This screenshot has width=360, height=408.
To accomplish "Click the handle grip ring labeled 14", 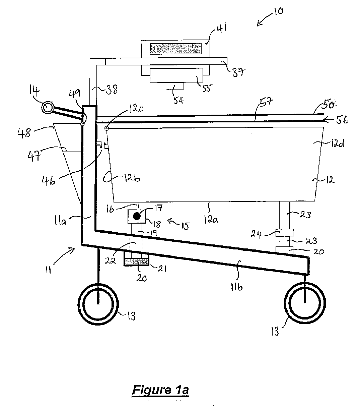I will click(48, 108).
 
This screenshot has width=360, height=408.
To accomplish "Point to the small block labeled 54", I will click(175, 86).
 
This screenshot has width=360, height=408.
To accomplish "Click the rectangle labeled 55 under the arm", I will click(176, 75).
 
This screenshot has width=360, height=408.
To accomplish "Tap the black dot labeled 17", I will click(137, 216).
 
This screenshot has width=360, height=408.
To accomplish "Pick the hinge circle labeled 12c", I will click(106, 128).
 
